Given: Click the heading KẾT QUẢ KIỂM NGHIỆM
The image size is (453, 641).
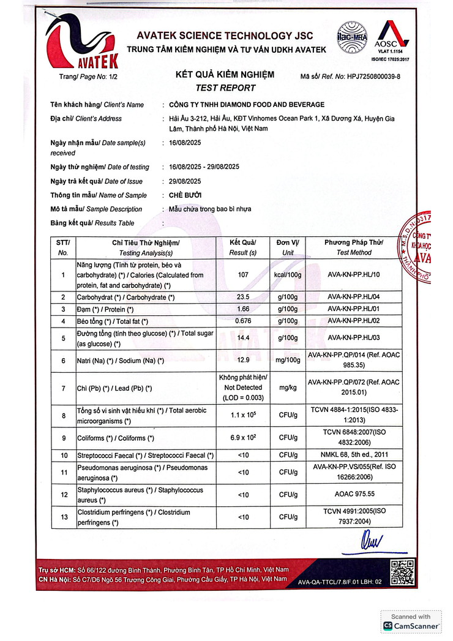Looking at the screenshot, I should coord(225,75).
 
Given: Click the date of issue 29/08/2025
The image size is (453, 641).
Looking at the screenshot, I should coord(185,181).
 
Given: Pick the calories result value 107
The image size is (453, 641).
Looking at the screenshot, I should coord(243,275).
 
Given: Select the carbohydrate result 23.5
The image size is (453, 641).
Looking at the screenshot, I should coord(243,297).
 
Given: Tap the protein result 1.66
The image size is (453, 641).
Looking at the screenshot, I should coord(243,309).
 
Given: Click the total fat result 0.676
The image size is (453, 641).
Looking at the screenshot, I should coord(243,321).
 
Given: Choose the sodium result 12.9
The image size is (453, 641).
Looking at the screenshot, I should coord(243,361).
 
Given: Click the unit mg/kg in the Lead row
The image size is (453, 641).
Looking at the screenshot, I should coord(288,388).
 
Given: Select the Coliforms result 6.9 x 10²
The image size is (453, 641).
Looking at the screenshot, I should coord(243,438).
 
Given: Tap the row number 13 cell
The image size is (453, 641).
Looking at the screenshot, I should coord(64,517).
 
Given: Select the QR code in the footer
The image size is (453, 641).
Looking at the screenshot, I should coord(402,572).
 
